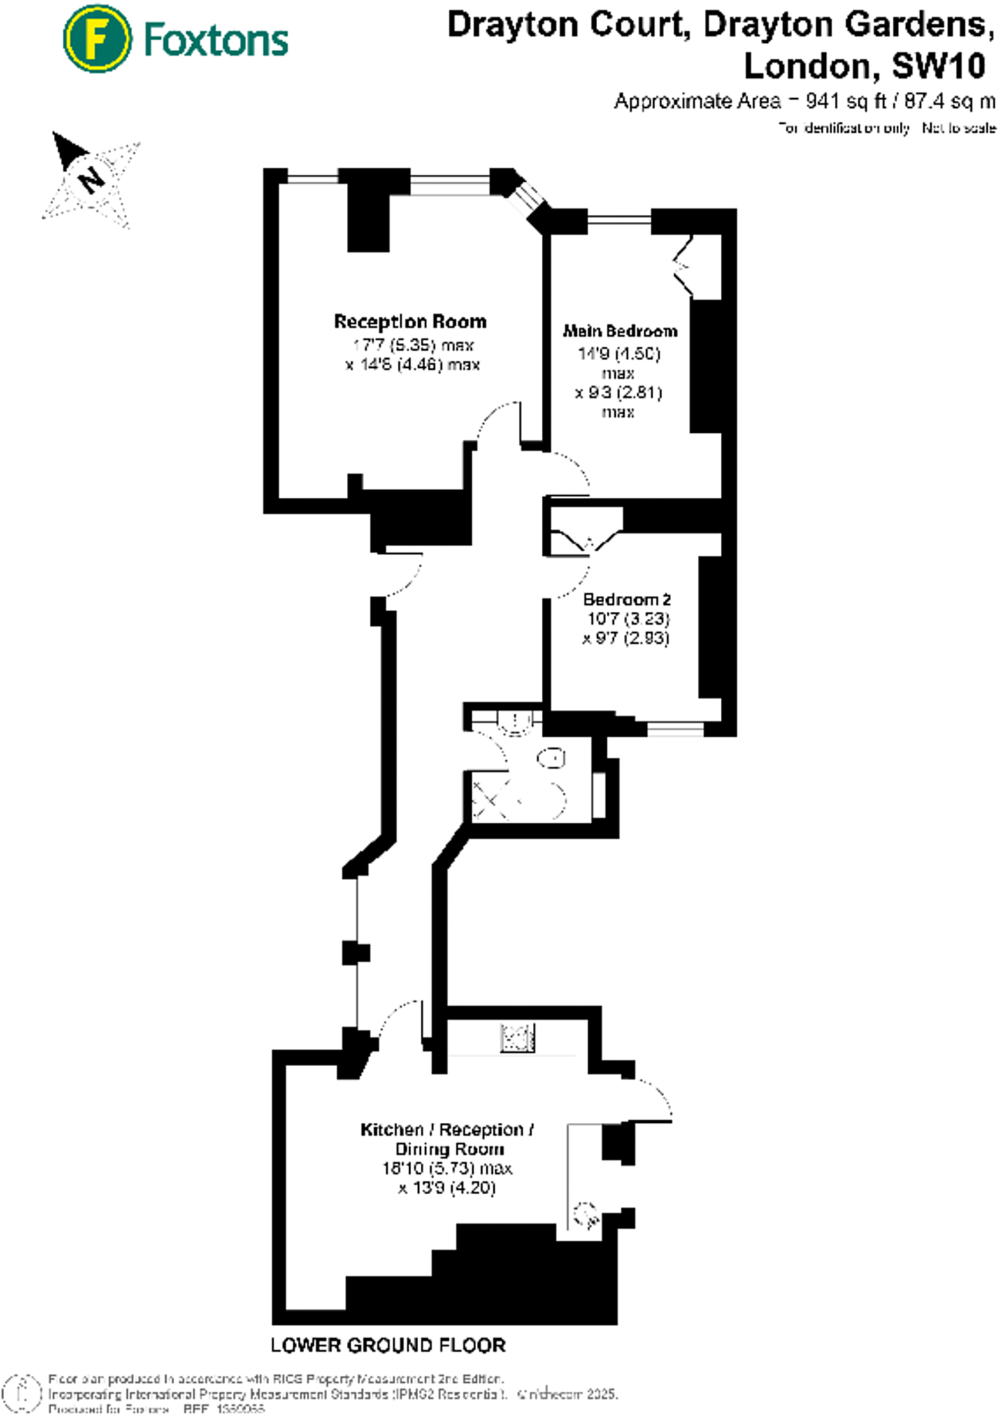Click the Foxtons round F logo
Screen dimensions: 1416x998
pyautogui.click(x=97, y=39)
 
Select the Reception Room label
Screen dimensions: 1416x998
pyautogui.click(x=410, y=322)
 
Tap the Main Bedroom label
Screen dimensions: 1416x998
pyautogui.click(x=619, y=331)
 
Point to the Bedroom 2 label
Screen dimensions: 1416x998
pyautogui.click(x=626, y=599)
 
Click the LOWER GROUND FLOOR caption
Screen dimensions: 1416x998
pyautogui.click(x=388, y=1345)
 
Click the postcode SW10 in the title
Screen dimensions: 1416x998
pyautogui.click(x=938, y=66)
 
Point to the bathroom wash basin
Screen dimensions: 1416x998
pyautogui.click(x=514, y=723)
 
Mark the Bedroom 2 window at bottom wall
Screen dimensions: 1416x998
pyautogui.click(x=675, y=728)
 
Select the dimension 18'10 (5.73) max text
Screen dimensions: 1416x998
pyautogui.click(x=447, y=1168)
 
